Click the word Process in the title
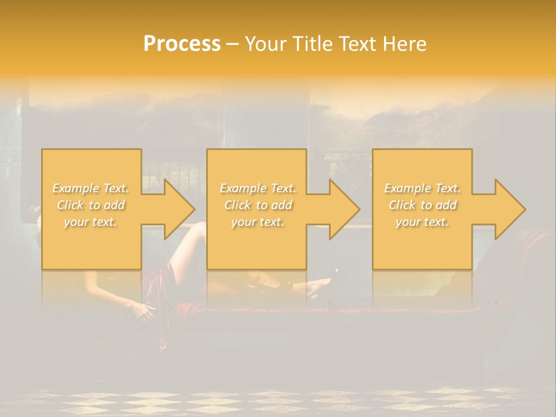coord(182,44)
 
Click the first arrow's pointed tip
coord(195,209)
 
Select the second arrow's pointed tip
coord(360,209)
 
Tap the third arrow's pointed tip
coord(525,209)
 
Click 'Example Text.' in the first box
coord(91,188)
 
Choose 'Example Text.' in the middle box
coord(258,188)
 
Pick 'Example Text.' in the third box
coord(422,188)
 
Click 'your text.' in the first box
coord(90,222)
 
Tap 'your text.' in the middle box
coord(258,222)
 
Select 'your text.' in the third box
coord(422,222)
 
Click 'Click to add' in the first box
coord(91,205)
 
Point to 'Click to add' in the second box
coord(258,205)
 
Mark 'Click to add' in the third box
coord(422,205)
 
